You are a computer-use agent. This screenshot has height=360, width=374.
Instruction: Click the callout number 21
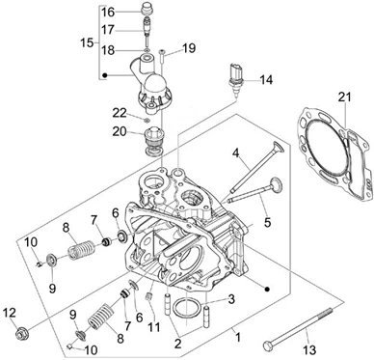tap(344, 97)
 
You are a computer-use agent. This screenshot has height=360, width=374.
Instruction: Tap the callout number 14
tap(266, 79)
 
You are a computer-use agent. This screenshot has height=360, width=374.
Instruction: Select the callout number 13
tap(309, 349)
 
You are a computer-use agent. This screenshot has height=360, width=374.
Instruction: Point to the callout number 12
tap(10, 313)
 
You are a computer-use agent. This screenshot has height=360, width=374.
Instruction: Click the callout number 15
tap(87, 42)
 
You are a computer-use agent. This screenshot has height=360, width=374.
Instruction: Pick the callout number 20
tap(120, 131)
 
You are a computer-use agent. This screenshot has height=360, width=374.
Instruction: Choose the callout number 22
tap(120, 113)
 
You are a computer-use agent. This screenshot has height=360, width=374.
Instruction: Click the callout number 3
tap(231, 299)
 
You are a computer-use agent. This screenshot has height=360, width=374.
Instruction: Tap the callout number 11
tap(153, 327)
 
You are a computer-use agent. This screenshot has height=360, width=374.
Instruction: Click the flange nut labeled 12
tap(21, 334)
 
